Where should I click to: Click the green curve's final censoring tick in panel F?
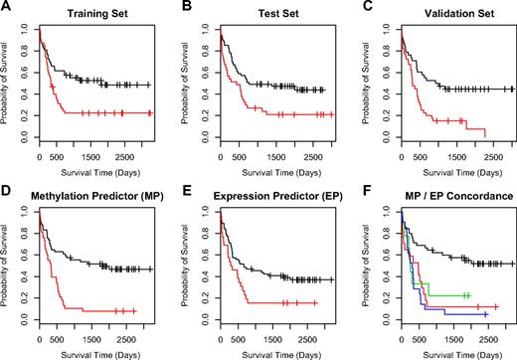[x=468, y=295]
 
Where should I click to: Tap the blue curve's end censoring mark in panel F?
[x=485, y=314]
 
